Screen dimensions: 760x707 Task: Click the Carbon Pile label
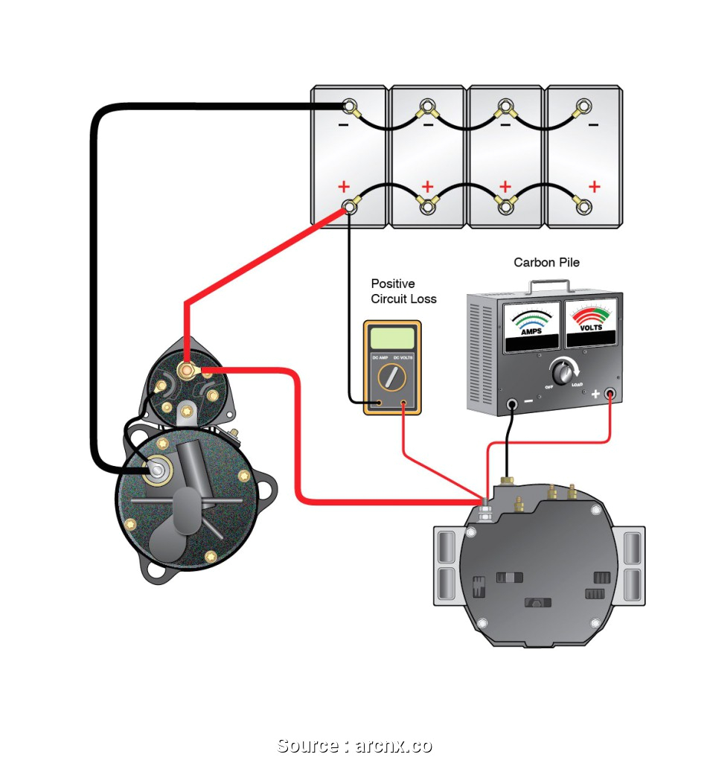(x=546, y=263)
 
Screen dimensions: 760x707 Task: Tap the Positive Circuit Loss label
(x=403, y=291)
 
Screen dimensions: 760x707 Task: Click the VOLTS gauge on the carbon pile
(x=591, y=324)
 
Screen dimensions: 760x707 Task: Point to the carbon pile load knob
(x=562, y=369)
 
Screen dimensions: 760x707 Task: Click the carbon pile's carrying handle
(x=549, y=284)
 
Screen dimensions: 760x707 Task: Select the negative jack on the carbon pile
(x=512, y=405)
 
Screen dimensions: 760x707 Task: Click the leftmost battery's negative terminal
(x=348, y=105)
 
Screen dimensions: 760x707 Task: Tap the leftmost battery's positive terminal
(x=348, y=207)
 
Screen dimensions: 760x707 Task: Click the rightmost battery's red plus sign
(x=594, y=185)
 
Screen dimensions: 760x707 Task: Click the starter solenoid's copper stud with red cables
(x=186, y=368)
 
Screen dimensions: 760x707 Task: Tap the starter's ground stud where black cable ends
(x=158, y=468)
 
